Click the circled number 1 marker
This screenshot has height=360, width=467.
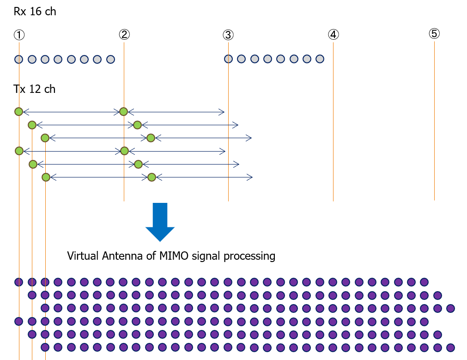[x=19, y=35]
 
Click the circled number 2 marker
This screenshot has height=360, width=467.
[x=124, y=34]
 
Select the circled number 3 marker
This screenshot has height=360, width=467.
[x=228, y=35]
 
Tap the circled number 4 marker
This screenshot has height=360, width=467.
[x=334, y=34]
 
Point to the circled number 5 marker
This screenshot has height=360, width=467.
[x=434, y=33]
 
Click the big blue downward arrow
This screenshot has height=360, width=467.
[x=160, y=222]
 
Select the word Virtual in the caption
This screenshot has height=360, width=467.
[x=81, y=256]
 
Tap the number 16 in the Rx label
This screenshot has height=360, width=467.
[x=36, y=12]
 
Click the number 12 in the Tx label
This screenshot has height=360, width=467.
[x=35, y=89]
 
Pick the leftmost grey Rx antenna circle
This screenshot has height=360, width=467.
[x=18, y=59]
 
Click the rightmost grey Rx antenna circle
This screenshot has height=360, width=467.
[x=320, y=59]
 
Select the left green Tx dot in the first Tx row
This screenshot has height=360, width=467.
[x=18, y=111]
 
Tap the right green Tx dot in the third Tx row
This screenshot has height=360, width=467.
[x=150, y=138]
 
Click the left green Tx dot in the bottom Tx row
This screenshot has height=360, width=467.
[x=46, y=177]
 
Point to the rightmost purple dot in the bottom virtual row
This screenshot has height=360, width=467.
[x=451, y=347]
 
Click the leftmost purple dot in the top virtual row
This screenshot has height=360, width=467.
[x=18, y=282]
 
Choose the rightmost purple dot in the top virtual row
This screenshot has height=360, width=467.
[x=425, y=282]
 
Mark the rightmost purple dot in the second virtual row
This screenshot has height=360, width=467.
[x=438, y=295]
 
